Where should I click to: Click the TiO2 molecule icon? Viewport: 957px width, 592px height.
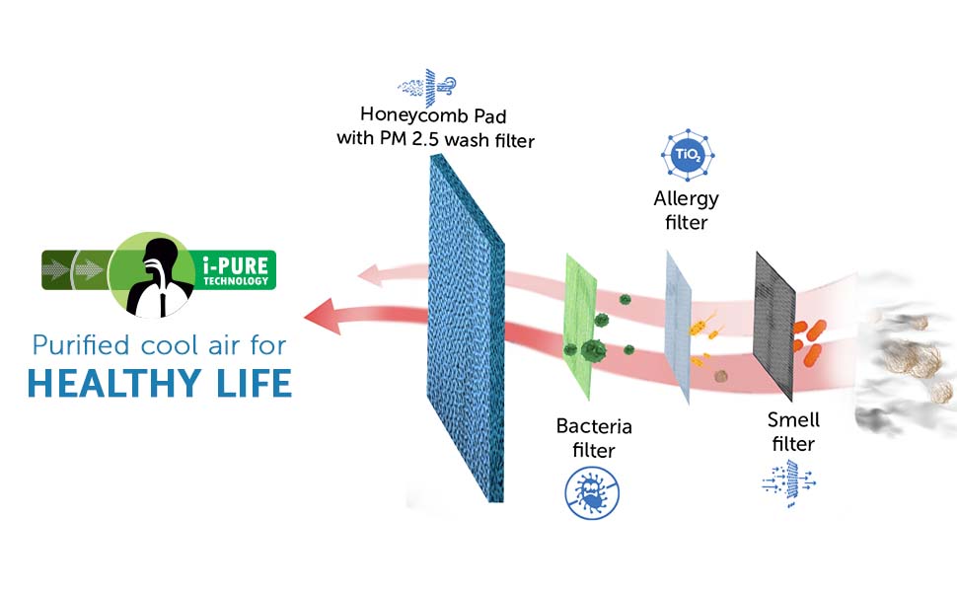point(688,154)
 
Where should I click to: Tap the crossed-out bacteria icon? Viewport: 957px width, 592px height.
point(592,492)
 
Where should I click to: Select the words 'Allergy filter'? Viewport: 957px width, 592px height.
point(686,210)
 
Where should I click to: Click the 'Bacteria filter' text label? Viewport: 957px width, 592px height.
point(593,438)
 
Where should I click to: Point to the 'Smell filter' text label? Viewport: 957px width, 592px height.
point(793,431)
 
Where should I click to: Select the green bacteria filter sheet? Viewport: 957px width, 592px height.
point(580,327)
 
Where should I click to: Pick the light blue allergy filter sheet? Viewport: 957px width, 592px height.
point(678,327)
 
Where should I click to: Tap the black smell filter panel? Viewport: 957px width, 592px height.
point(774,326)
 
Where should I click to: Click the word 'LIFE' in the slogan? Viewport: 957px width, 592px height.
point(254,383)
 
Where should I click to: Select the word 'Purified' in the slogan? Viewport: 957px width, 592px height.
point(81,344)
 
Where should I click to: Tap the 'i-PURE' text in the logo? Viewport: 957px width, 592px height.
point(236,265)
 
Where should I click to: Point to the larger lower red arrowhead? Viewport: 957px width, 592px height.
point(323,316)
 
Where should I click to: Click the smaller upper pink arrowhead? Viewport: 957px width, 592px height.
point(370,276)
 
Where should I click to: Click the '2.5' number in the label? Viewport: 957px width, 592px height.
point(425,138)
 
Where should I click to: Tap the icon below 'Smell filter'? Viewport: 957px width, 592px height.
point(789,483)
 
